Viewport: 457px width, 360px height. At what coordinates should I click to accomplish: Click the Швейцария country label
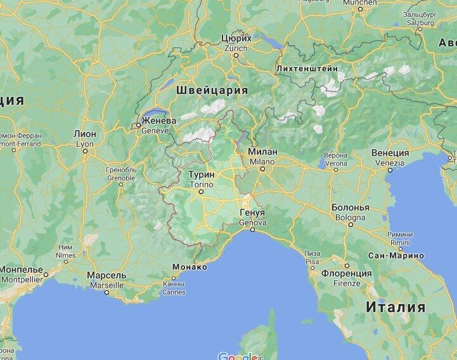click(212, 89)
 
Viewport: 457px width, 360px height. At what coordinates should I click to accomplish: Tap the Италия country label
click(395, 307)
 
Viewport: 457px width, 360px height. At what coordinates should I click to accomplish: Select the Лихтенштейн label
click(307, 68)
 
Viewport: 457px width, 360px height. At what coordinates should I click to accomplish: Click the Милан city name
click(262, 152)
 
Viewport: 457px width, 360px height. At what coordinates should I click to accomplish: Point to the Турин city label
click(202, 174)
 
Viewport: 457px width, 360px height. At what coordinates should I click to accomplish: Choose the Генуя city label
click(252, 213)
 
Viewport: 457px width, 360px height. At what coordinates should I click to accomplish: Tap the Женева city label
click(158, 120)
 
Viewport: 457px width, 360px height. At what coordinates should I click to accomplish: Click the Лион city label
click(85, 134)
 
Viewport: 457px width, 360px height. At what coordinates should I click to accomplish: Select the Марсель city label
click(106, 276)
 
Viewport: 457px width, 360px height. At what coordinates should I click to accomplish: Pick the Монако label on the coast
click(190, 267)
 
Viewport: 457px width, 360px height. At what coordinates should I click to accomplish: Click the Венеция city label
click(390, 153)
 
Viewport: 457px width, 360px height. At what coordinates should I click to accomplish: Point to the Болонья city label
click(350, 207)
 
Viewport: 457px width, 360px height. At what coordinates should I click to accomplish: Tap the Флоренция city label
click(346, 273)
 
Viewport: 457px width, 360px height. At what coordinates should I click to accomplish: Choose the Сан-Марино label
click(396, 255)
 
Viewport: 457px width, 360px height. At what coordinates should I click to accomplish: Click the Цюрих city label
click(236, 38)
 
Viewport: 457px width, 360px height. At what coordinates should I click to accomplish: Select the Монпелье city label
click(21, 269)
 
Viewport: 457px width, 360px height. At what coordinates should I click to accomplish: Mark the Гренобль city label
click(121, 170)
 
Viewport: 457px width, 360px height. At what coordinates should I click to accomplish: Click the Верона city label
click(335, 155)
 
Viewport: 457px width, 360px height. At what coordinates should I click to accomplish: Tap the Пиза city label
click(312, 253)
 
